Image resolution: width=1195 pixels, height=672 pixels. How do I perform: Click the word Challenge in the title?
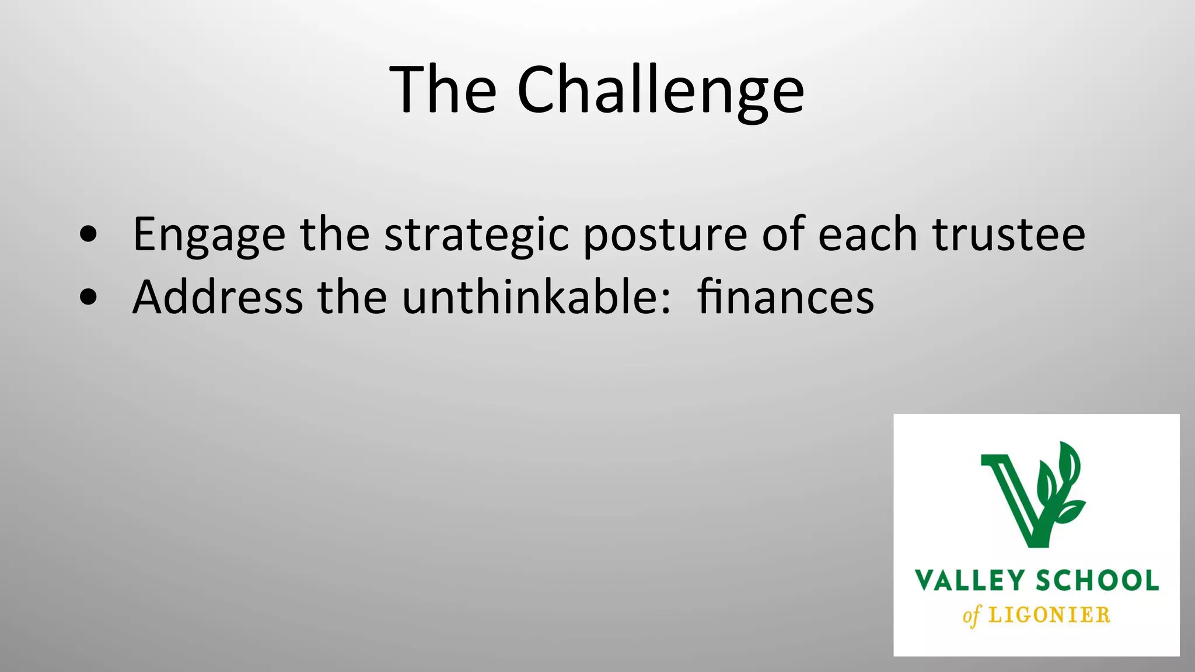point(661,91)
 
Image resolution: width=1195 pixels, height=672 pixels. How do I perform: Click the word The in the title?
point(443,90)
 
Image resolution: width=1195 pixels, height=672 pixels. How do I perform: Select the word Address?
point(218,297)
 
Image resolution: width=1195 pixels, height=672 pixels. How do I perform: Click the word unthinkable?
point(529,297)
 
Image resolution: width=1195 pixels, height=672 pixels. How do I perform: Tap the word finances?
point(785,297)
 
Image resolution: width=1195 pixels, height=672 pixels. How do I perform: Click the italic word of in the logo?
point(972,616)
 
